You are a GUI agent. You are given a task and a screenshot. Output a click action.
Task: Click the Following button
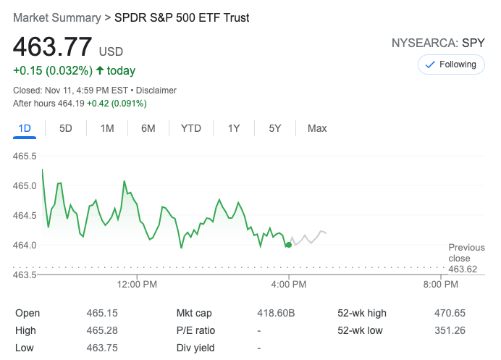tap(450, 64)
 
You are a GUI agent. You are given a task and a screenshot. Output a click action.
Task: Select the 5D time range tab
tap(66, 128)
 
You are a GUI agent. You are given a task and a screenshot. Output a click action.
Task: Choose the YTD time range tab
tap(190, 128)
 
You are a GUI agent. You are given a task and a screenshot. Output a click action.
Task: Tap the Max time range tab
tap(317, 128)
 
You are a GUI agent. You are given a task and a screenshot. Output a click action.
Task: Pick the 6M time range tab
tap(148, 128)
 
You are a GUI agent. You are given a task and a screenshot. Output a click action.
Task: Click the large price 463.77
tap(52, 47)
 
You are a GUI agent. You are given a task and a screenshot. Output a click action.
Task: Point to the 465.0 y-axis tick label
tap(25, 185)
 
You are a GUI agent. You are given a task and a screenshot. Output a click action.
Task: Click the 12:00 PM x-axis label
tap(137, 285)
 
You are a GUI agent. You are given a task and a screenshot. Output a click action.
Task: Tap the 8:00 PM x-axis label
tap(440, 285)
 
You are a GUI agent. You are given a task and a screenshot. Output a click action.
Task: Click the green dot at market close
tap(289, 245)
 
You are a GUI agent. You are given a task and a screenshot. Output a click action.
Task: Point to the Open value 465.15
tap(101, 313)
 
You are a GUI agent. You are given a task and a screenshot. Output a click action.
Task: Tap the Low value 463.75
tap(101, 348)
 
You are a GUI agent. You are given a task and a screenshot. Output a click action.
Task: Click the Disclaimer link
tap(156, 91)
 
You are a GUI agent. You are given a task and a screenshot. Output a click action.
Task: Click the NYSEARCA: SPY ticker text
tap(438, 43)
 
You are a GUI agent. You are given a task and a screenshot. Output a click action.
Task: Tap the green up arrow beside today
tap(100, 70)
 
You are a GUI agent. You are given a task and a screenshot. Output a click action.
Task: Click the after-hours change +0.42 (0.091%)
tap(117, 104)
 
